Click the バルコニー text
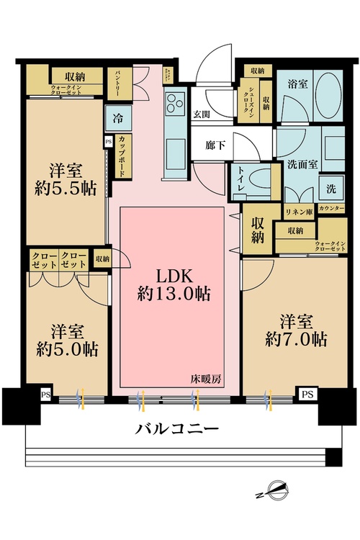pos(177,430)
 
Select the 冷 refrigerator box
pos(117,117)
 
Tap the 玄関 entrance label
pos(201,113)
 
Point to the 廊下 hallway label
pos(216,145)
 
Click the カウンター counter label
pos(330,209)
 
